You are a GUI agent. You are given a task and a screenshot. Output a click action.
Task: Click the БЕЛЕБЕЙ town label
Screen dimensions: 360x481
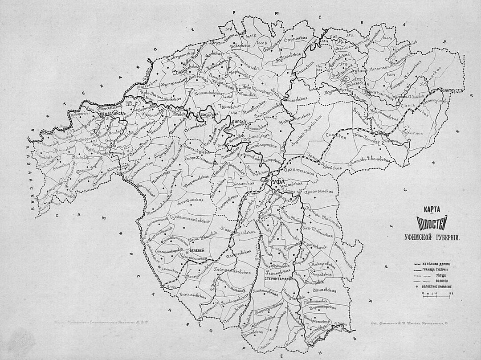(x=196, y=251)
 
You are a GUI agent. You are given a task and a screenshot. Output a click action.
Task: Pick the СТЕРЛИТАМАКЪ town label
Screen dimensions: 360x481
(x=277, y=278)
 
